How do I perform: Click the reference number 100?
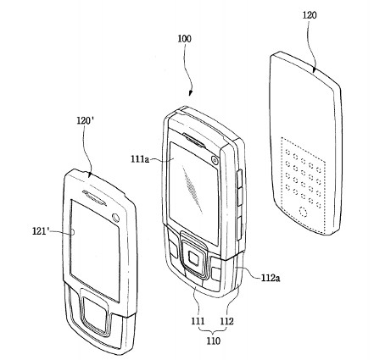click(184, 39)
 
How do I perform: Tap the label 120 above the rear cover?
click(310, 15)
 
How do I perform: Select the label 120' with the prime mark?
click(86, 121)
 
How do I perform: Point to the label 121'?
click(41, 231)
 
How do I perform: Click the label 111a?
click(140, 159)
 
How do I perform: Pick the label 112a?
click(271, 278)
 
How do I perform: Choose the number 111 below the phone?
click(198, 321)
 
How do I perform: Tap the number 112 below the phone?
click(227, 321)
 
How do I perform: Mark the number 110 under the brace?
click(213, 341)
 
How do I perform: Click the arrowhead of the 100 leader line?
click(190, 93)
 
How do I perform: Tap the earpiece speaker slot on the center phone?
click(194, 140)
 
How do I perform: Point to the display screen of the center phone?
click(193, 193)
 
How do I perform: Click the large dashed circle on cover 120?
click(304, 212)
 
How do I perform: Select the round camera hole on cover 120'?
click(115, 218)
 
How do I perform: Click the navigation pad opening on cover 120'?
click(94, 312)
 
